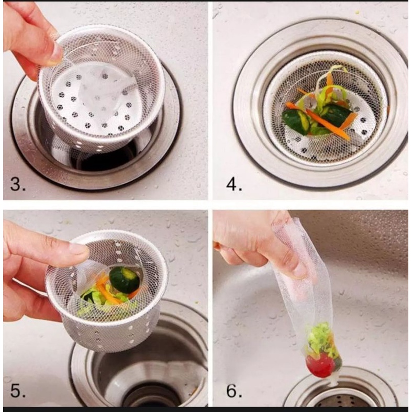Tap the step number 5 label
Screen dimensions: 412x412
pyautogui.click(x=18, y=391)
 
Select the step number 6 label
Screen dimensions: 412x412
pyautogui.click(x=234, y=391)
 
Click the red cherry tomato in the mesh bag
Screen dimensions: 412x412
pyautogui.click(x=320, y=365)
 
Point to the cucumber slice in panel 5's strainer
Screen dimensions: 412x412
pyautogui.click(x=124, y=280)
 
